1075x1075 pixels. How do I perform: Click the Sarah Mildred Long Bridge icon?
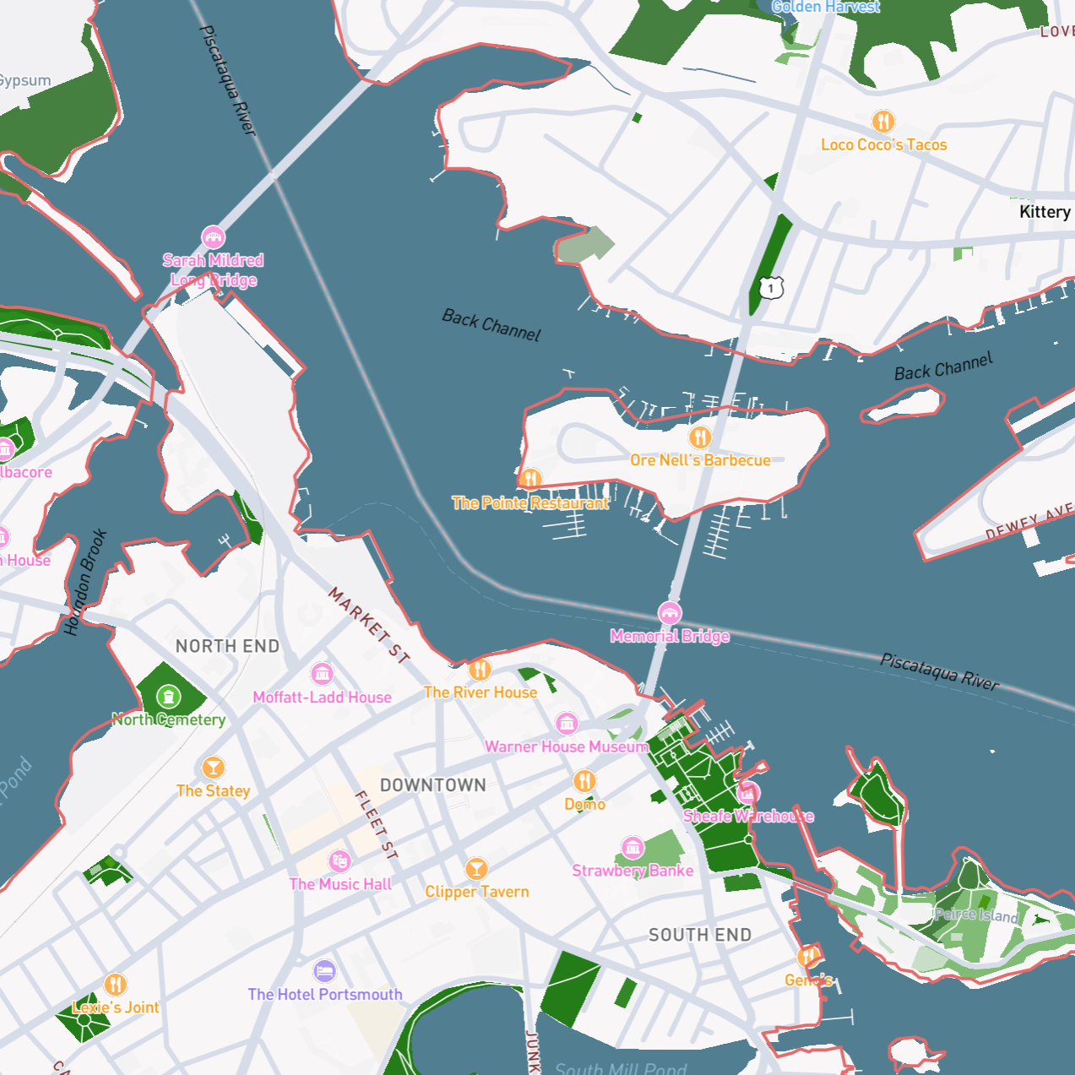(213, 237)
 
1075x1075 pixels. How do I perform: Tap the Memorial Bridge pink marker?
(670, 613)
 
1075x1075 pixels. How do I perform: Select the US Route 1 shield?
(770, 288)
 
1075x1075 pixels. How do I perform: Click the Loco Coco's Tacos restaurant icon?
(882, 122)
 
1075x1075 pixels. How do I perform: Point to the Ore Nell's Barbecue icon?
(699, 437)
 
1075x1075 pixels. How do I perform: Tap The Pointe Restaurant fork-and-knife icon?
(530, 480)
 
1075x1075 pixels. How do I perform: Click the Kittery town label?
(1045, 212)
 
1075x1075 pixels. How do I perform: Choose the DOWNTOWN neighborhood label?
(432, 785)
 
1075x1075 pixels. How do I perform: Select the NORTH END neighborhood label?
(227, 647)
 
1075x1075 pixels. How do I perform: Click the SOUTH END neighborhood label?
(699, 935)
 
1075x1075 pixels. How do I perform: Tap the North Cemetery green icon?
(169, 697)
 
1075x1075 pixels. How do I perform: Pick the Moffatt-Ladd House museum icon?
(322, 674)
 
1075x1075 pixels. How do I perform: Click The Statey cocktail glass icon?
(213, 768)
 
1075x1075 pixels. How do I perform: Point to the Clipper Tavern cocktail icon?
(476, 868)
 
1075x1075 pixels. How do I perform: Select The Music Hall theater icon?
(339, 861)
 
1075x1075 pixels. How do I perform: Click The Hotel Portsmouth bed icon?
(324, 971)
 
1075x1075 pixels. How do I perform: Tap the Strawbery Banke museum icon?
(633, 847)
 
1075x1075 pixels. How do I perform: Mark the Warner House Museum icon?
(567, 724)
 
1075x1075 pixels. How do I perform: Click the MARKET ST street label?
(369, 624)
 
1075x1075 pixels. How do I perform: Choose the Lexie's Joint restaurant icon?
(116, 985)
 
